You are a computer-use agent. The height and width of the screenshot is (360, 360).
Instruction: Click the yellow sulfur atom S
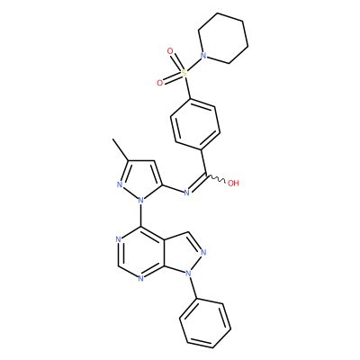pos(184,73)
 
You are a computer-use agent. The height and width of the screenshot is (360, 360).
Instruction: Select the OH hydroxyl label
pos(233,183)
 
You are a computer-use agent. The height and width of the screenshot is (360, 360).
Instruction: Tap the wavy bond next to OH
pos(216,178)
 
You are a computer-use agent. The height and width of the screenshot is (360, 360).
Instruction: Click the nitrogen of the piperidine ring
pos(203,56)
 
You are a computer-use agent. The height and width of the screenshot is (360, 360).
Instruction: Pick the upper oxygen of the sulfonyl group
pos(170,51)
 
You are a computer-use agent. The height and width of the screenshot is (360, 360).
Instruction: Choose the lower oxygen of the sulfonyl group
pos(160,83)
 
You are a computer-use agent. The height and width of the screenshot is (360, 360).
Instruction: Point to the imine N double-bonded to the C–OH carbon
pos(186,193)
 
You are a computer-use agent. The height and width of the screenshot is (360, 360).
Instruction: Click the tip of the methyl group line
pos(112,139)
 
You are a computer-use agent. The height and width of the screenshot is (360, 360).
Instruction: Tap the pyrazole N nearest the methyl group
pos(120,184)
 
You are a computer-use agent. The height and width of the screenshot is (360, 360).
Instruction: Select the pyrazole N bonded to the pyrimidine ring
pos(140,199)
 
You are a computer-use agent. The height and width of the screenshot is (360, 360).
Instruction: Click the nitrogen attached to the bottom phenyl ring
pos(188,274)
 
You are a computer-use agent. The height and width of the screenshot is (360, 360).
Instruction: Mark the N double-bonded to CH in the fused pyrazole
pos(203,252)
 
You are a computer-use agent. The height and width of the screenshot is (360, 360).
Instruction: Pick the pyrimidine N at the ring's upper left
pos(118,239)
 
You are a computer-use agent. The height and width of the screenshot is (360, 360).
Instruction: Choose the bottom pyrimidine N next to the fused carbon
pos(140,279)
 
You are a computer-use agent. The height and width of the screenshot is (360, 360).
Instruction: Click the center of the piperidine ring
pos(223,38)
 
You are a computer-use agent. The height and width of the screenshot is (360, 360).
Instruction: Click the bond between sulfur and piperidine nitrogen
pos(193,64)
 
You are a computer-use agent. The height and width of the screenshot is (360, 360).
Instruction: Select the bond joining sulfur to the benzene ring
pos(187,87)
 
